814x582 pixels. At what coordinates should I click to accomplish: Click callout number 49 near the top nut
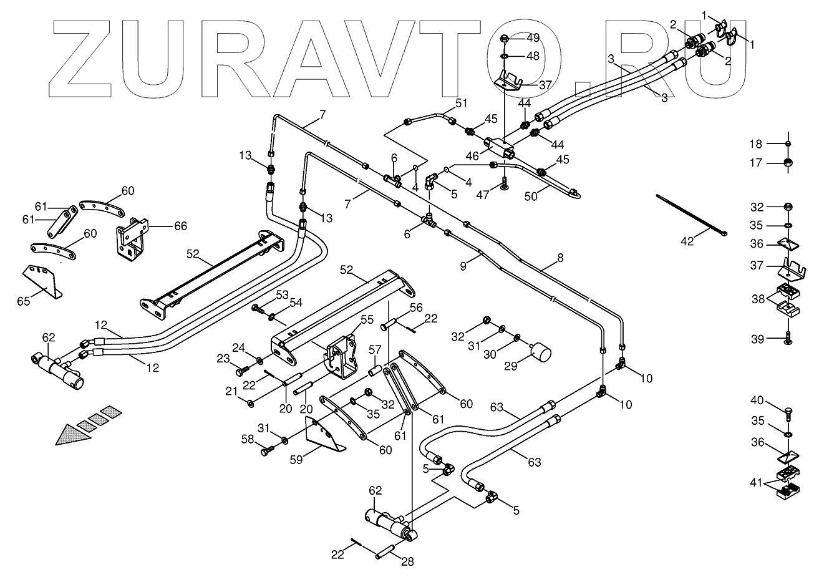point(533,38)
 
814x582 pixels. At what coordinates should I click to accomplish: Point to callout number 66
point(180,226)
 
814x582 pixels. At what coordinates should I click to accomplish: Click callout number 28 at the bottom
point(407,561)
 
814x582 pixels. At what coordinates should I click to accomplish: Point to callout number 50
point(531,196)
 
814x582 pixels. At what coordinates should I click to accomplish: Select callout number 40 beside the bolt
point(756,400)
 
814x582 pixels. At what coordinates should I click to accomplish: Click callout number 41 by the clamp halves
point(756,481)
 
